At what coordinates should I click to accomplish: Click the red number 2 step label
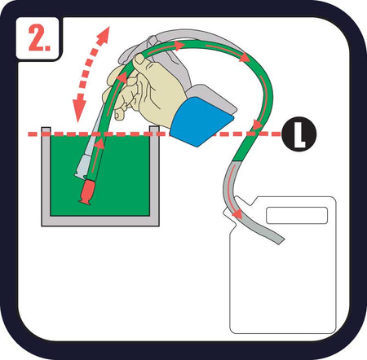(x=35, y=37)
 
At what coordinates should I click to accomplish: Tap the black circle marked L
(x=299, y=134)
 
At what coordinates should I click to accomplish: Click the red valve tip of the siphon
(x=86, y=191)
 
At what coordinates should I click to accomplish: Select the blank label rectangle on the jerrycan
(x=297, y=215)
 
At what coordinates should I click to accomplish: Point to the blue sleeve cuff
(x=201, y=122)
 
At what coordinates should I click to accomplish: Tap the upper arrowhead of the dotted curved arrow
(x=104, y=33)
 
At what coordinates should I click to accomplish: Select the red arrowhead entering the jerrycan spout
(x=237, y=213)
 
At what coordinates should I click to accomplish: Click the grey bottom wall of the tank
(x=100, y=221)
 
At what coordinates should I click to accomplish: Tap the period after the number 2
(x=48, y=48)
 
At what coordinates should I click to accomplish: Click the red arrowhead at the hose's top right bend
(x=245, y=58)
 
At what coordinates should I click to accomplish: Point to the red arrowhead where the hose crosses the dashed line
(x=258, y=125)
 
